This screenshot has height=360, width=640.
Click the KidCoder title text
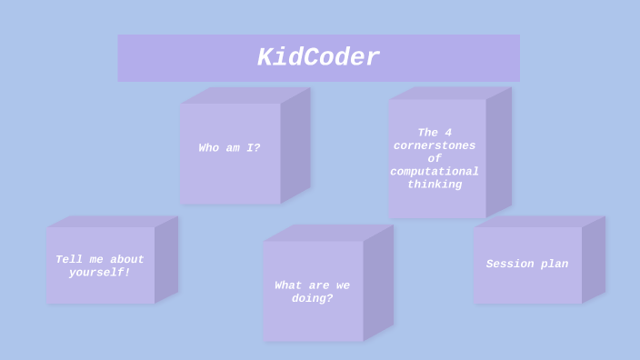coord(318,58)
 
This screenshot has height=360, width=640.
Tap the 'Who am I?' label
coord(229,148)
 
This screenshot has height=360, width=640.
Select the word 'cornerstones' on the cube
coord(435,145)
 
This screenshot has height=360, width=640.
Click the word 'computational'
coord(435,172)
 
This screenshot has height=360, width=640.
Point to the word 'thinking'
coord(435,185)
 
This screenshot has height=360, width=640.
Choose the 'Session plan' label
coord(527,265)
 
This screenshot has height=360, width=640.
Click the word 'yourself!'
coord(100,273)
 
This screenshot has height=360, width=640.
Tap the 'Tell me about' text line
coord(100,260)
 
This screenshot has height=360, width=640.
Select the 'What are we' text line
coord(312,285)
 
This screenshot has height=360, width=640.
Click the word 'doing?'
coord(312,299)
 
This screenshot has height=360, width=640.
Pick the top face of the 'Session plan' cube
coord(538,221)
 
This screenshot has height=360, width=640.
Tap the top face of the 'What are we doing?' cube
coord(327,233)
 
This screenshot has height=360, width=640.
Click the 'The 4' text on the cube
coord(435,133)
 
